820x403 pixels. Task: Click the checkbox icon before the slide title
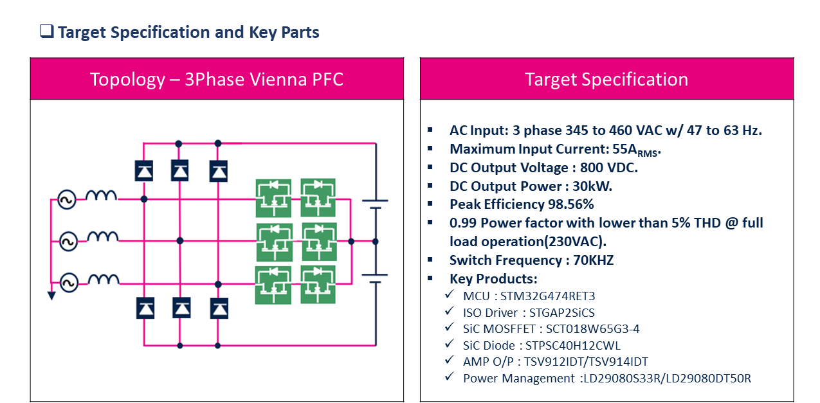[47, 31]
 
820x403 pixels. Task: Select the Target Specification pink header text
[606, 79]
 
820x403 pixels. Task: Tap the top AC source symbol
[67, 200]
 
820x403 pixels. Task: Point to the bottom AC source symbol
[69, 283]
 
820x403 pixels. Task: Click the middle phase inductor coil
[102, 237]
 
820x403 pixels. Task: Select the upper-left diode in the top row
[144, 171]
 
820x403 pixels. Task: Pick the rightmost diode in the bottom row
[219, 309]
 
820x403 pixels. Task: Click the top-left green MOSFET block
[273, 198]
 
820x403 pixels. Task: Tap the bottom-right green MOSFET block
[318, 285]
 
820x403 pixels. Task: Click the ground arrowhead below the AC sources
[51, 296]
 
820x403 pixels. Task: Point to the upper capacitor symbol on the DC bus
[375, 204]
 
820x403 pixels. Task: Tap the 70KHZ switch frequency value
[593, 260]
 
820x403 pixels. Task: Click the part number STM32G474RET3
[548, 296]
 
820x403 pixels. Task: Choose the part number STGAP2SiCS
[562, 312]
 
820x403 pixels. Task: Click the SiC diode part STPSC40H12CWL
[573, 345]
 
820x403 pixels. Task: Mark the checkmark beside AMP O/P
[450, 360]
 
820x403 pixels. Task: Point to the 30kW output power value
[592, 186]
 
